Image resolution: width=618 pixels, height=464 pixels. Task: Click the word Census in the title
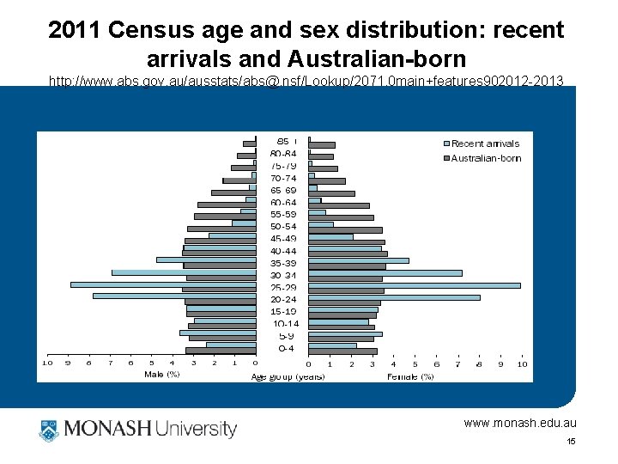(x=161, y=30)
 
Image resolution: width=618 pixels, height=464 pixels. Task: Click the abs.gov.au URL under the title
(x=306, y=82)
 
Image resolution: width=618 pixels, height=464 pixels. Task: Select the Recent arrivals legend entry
(x=484, y=143)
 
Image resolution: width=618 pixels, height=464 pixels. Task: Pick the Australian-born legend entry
(x=485, y=158)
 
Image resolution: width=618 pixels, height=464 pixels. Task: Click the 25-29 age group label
(x=284, y=288)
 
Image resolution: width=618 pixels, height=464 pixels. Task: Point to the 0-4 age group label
(x=286, y=349)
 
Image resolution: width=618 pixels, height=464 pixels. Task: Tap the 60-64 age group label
(x=283, y=203)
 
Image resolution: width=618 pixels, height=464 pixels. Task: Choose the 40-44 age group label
(x=283, y=251)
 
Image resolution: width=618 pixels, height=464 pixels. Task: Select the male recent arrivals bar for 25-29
(x=163, y=284)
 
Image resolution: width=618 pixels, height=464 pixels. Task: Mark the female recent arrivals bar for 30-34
(x=385, y=273)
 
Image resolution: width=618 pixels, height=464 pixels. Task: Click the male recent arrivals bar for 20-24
(x=174, y=296)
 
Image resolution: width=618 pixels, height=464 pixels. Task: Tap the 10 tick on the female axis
(x=521, y=364)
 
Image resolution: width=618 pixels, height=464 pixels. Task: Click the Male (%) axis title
(x=161, y=375)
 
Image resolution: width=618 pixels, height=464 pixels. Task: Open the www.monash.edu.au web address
(x=520, y=423)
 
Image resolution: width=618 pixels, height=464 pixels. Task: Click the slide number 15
(x=570, y=442)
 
